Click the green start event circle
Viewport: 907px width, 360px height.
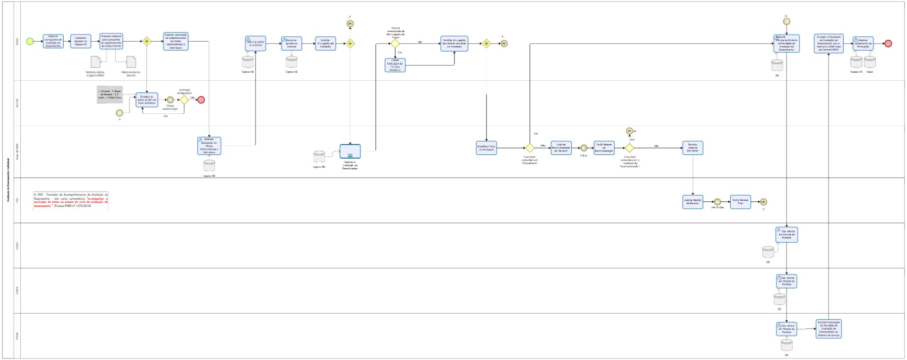coord(30,42)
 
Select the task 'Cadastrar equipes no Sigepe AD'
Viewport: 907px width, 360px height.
coord(81,42)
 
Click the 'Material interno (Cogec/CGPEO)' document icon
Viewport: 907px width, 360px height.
coord(95,62)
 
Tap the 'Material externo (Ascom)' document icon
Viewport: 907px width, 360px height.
coord(131,62)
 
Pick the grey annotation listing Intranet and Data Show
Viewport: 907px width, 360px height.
coord(110,94)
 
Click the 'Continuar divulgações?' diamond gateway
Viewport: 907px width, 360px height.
coord(184,100)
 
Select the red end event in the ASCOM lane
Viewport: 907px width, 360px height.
coord(201,100)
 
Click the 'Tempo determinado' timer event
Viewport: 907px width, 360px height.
coord(170,100)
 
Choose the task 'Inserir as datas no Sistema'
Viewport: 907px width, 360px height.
coord(255,44)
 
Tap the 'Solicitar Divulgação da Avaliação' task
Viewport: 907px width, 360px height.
coord(325,44)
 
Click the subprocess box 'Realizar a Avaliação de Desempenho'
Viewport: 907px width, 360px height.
coord(350,151)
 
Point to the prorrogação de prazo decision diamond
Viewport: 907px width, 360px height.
coord(395,43)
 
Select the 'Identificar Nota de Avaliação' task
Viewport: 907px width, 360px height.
coord(487,148)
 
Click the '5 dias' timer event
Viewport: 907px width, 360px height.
coord(584,148)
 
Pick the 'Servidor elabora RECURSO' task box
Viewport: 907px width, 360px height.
coord(693,148)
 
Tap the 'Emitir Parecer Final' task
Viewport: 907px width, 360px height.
coord(740,202)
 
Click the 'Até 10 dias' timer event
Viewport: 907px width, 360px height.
coord(717,202)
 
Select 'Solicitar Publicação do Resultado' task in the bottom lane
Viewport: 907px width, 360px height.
coord(829,329)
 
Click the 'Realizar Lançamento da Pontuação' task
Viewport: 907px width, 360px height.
coord(863,43)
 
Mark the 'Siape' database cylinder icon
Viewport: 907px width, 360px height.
coord(870,62)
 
